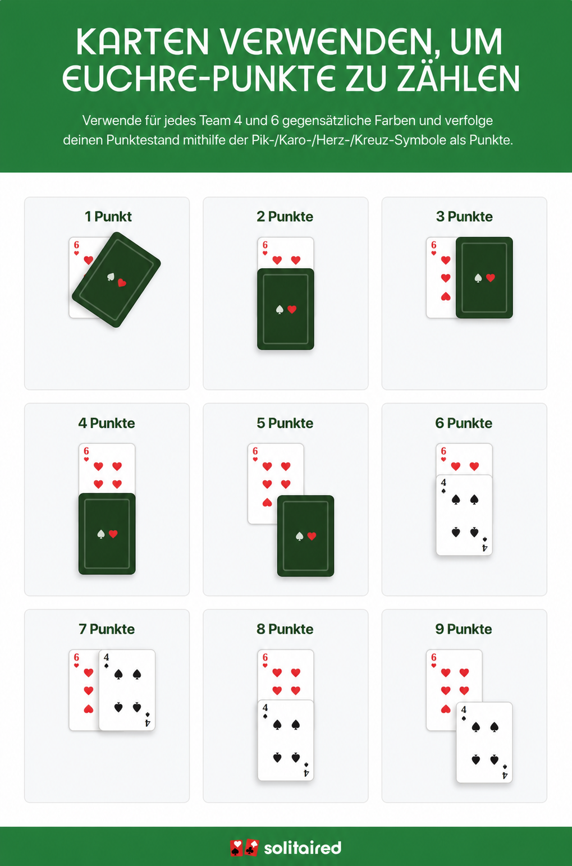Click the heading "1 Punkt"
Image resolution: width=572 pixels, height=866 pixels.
click(108, 217)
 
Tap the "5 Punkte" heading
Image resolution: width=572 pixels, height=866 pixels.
click(285, 423)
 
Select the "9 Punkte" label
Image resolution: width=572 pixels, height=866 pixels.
click(464, 629)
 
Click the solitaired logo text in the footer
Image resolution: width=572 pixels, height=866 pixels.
click(303, 848)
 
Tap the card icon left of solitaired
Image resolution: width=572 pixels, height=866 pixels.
click(244, 848)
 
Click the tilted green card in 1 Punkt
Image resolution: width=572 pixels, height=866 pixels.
click(116, 279)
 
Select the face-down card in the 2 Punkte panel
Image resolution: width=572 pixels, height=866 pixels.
click(285, 309)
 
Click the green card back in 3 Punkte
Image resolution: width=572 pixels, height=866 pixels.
click(484, 278)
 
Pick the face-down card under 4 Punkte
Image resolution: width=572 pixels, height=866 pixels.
click(107, 534)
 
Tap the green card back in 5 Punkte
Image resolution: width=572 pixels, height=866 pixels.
click(305, 536)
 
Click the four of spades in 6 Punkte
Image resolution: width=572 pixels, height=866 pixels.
click(464, 515)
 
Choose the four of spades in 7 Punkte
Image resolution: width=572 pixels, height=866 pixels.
click(127, 690)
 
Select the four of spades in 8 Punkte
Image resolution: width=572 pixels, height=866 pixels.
click(285, 740)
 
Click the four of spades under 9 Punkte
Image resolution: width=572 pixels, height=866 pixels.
click(484, 743)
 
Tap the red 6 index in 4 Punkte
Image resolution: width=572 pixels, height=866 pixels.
click(86, 451)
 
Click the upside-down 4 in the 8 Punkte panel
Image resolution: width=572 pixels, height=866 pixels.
click(306, 773)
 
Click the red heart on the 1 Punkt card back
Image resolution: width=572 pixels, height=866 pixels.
click(122, 283)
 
